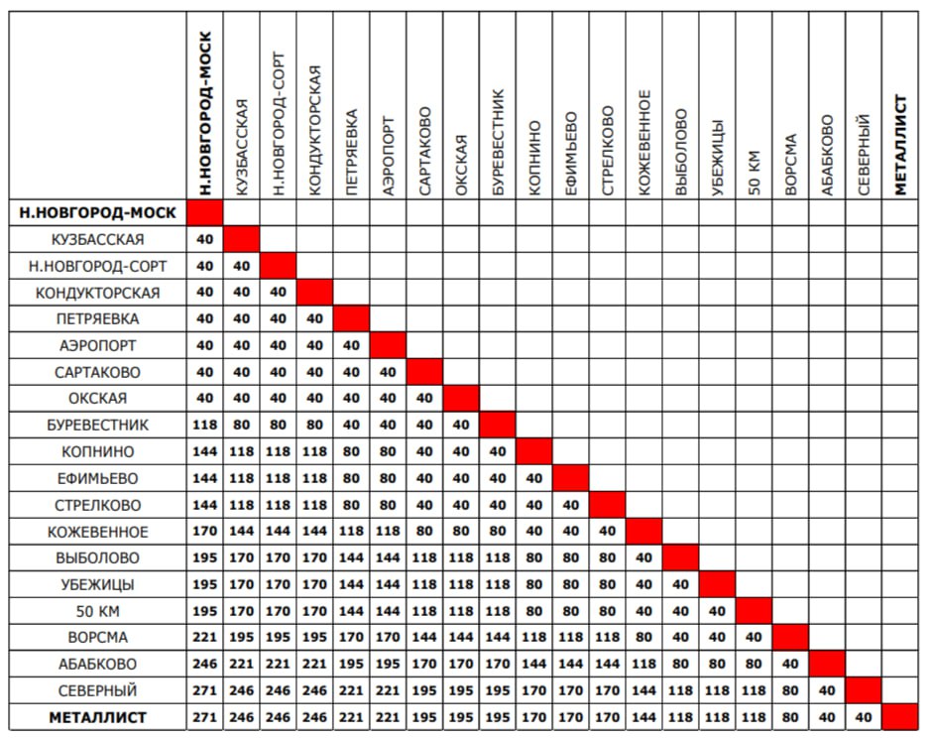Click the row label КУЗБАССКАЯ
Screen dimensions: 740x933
97,239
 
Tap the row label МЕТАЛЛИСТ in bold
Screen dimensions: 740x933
97,716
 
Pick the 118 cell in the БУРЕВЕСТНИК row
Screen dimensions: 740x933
205,426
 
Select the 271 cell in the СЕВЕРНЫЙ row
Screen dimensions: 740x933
205,689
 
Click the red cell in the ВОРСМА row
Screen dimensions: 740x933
790,637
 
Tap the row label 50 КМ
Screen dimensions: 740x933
97,610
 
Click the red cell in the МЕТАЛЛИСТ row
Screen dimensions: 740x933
900,716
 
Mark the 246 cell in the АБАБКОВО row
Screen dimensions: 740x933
205,664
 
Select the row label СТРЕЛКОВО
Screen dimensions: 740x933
97,504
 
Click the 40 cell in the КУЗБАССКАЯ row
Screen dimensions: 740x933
205,239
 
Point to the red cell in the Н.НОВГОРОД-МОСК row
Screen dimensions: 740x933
205,212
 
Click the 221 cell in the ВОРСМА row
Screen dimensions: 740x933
205,637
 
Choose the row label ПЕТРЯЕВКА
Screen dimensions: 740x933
97,319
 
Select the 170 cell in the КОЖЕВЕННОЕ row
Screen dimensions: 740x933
205,531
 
